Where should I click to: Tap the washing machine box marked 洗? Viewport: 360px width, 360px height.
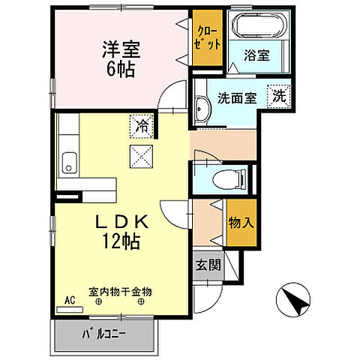[278, 96]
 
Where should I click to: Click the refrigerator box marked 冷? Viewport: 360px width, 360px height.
[140, 126]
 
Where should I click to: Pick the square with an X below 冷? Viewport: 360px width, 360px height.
[140, 156]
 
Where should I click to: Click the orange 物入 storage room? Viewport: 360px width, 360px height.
[241, 223]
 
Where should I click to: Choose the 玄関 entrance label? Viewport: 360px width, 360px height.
[208, 265]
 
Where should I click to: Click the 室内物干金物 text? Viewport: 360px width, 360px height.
[120, 291]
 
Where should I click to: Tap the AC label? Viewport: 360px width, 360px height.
[70, 300]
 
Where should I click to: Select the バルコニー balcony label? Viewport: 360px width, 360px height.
[104, 334]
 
